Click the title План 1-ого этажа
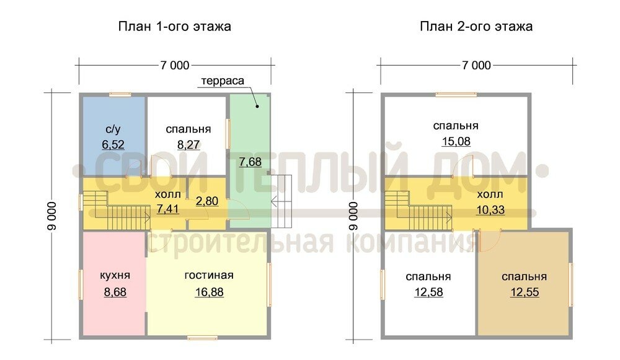(174, 27)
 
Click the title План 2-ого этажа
(476, 27)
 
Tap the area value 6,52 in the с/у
(113, 144)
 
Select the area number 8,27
(188, 144)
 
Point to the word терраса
(223, 81)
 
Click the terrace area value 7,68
(250, 162)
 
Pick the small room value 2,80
(207, 201)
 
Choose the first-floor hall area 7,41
(167, 209)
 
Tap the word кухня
(115, 276)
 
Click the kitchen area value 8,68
(115, 292)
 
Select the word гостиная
(209, 276)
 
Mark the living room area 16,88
(209, 292)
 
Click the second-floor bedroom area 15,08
(456, 141)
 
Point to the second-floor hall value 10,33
(490, 210)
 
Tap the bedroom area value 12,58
(428, 292)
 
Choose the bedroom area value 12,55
(525, 292)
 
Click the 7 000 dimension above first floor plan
(175, 65)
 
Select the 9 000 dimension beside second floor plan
(353, 216)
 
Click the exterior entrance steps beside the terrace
(281, 201)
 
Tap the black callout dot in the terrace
(257, 106)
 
